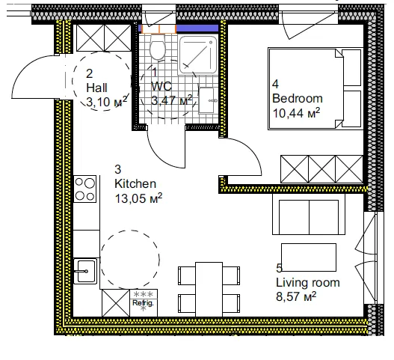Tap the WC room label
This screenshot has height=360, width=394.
(161, 87)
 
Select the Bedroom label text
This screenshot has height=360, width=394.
(297, 98)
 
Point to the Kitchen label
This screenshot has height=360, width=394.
(135, 183)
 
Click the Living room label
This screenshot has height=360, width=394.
(307, 282)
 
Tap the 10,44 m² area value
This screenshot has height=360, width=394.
(296, 112)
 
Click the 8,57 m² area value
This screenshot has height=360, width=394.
(296, 296)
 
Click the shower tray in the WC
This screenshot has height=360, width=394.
(196, 52)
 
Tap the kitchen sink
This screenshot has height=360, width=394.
(86, 269)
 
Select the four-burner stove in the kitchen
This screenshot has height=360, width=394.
(86, 187)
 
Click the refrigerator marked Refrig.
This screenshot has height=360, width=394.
(143, 302)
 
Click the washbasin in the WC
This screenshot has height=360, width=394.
(209, 95)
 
